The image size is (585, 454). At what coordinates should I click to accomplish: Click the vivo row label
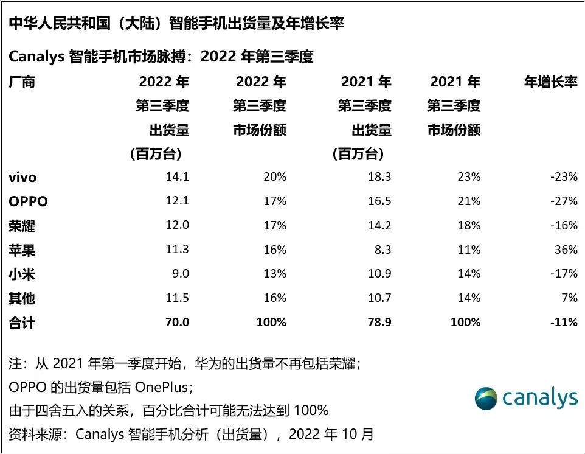[x=22, y=178]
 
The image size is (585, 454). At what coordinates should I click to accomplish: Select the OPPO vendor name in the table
[x=28, y=201]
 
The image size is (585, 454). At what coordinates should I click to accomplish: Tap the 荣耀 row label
[x=22, y=226]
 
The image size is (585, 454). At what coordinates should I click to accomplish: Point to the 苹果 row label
[x=22, y=250]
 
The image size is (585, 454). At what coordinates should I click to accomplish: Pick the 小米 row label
[x=22, y=274]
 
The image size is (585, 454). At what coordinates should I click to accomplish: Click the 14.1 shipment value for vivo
[x=177, y=177]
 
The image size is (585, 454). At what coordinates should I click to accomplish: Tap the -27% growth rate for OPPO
[x=563, y=201]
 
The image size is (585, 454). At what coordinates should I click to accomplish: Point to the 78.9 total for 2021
[x=378, y=323]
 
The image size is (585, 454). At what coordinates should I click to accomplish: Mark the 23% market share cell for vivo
[x=469, y=177]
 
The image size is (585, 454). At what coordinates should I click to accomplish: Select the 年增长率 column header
[x=551, y=82]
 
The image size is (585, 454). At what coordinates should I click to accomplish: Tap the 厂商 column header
[x=22, y=82]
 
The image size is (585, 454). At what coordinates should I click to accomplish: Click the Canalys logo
[x=526, y=399]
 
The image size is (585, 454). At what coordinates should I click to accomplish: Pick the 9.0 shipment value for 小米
[x=180, y=274]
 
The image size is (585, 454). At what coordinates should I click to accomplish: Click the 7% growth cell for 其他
[x=569, y=298]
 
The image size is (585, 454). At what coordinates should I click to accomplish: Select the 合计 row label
[x=22, y=323]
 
